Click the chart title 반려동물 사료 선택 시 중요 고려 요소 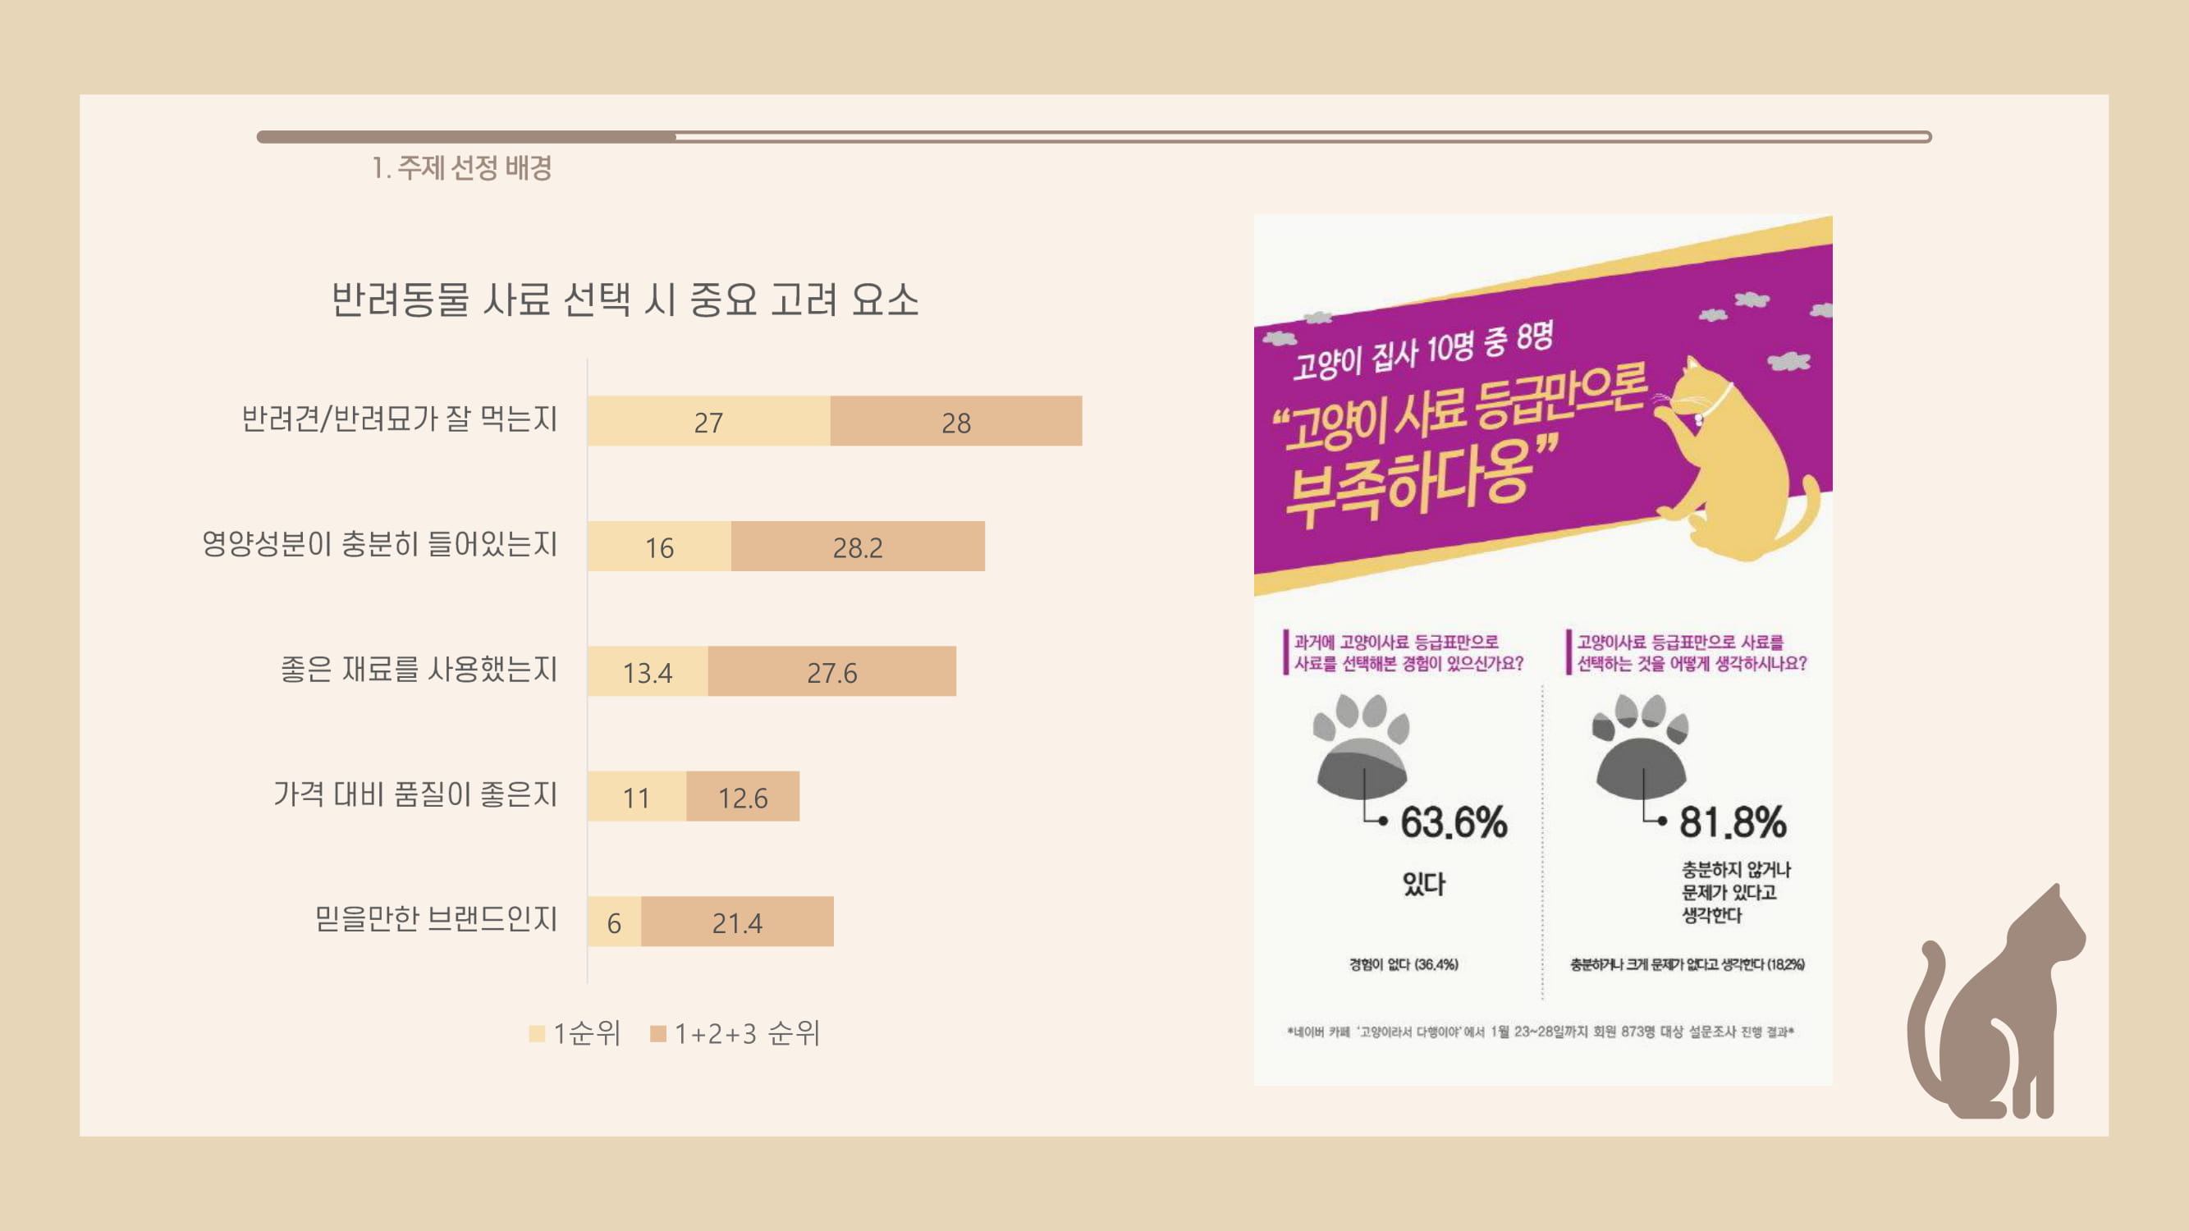tap(625, 299)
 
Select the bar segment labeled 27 tap(708, 421)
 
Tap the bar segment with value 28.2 tap(858, 547)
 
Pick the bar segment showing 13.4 tap(648, 672)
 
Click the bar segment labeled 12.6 tap(743, 797)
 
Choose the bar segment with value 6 tap(615, 922)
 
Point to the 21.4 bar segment tap(738, 922)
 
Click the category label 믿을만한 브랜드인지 tap(436, 918)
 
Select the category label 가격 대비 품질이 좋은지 tap(415, 794)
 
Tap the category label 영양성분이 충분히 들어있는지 tap(380, 544)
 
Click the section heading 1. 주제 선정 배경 tap(462, 167)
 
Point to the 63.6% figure tap(1454, 822)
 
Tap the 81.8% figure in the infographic tap(1733, 822)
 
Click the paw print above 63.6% tap(1362, 748)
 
